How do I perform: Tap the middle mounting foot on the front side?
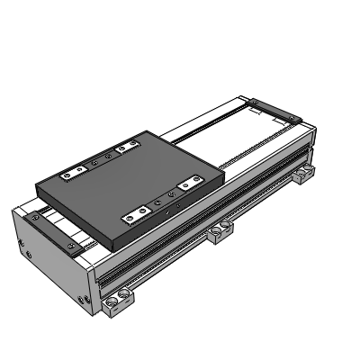coord(217,235)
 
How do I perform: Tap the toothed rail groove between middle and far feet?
coord(261,193)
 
